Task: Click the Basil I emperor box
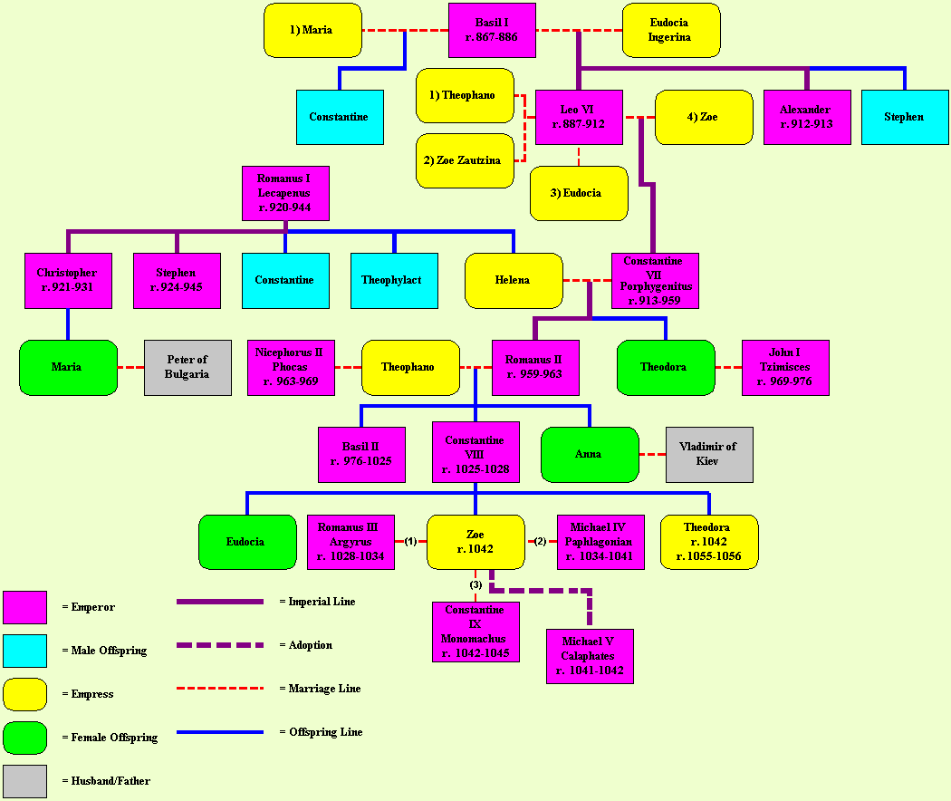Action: [492, 30]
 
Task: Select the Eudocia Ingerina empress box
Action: [670, 30]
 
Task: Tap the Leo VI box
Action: [579, 117]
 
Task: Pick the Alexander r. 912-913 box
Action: [807, 117]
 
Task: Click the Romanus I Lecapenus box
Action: [285, 193]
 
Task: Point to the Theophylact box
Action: [394, 280]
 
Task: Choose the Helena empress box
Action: [514, 280]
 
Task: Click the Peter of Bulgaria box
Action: [187, 367]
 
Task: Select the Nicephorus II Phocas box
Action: [291, 367]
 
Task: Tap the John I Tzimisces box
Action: [785, 367]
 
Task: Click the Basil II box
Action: [361, 454]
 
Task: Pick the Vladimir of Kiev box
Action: [709, 454]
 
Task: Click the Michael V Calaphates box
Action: [590, 656]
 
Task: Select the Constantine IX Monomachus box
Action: [475, 632]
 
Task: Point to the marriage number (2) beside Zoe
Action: [541, 541]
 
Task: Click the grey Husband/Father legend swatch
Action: [24, 781]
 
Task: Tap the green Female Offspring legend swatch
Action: [24, 738]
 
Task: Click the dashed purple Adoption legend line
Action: [220, 645]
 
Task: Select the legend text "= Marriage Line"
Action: [320, 689]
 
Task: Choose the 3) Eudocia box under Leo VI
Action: [579, 193]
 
